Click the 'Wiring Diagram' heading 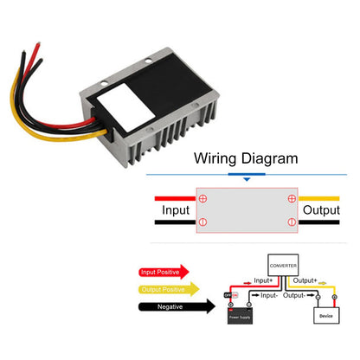pyautogui.click(x=246, y=158)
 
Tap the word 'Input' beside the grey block pyautogui.click(x=175, y=209)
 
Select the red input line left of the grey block pyautogui.click(x=173, y=197)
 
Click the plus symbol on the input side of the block pyautogui.click(x=203, y=198)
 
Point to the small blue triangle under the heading pyautogui.click(x=247, y=180)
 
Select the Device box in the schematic pyautogui.click(x=325, y=315)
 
